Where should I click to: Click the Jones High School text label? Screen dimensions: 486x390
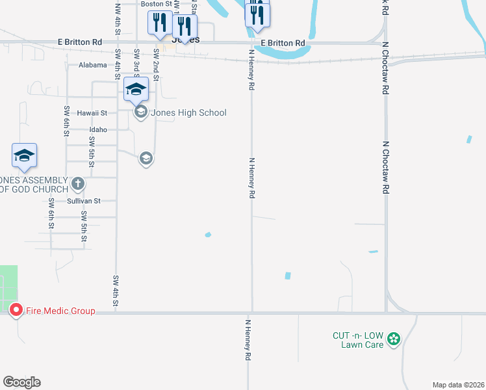point(188,113)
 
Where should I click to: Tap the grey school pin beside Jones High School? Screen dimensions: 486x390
point(140,112)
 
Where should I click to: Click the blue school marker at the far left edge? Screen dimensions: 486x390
point(24,156)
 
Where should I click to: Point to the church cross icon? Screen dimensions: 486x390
point(78,184)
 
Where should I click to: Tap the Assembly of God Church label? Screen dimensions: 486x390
point(34,185)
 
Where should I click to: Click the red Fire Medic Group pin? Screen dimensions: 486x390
point(16,311)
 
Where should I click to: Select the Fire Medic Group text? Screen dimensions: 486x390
point(60,311)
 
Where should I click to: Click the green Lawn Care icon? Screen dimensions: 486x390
point(393,339)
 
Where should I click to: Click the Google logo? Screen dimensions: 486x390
point(21,382)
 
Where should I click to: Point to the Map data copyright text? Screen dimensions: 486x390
point(458,385)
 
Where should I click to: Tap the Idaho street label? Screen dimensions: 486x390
point(98,129)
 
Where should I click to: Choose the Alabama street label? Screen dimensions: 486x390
point(92,65)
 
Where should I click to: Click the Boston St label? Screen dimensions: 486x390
point(156,4)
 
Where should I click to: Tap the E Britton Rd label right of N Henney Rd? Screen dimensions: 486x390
point(283,43)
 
